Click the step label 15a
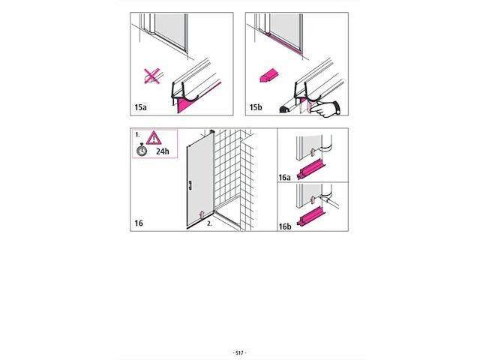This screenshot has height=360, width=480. point(140,107)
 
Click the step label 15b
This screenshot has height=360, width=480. point(256,107)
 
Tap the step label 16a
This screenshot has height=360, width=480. point(284,178)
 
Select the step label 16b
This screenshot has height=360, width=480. point(285,226)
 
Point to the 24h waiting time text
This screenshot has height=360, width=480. point(162,151)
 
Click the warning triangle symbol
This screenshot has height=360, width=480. point(153,138)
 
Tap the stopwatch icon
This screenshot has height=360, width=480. point(142,150)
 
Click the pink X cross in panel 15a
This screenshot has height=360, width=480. point(151,76)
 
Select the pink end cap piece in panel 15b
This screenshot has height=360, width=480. point(269,75)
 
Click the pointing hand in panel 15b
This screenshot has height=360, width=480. point(326,109)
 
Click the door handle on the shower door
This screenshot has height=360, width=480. point(190,185)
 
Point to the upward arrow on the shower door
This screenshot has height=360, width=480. point(201,214)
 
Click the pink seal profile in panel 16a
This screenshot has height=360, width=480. point(310,171)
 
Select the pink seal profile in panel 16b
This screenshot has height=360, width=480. point(310,217)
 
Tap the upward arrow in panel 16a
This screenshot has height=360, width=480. point(313,151)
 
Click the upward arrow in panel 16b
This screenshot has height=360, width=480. point(313,199)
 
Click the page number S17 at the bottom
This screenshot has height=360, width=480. point(240,353)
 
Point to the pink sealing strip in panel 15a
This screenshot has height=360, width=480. point(196,100)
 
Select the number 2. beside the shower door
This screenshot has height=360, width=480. point(209,223)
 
